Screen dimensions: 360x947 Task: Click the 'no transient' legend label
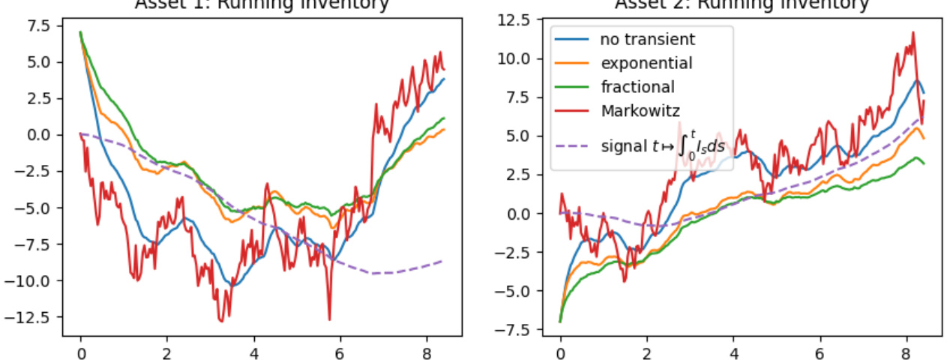point(647,39)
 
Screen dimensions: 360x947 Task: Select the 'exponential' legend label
point(646,63)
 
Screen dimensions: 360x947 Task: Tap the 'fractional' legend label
point(637,87)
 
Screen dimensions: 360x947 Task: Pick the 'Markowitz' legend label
point(640,111)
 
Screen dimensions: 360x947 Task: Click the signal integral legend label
point(663,147)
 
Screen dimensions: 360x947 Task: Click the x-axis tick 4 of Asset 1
point(253,350)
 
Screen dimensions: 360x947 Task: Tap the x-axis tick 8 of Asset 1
point(427,350)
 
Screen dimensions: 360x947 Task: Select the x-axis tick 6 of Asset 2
point(820,350)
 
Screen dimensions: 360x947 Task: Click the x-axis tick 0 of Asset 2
point(560,350)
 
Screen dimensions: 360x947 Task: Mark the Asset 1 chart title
point(262,4)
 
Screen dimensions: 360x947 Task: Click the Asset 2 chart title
point(742,4)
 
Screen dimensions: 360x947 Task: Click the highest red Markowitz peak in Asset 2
point(913,33)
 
